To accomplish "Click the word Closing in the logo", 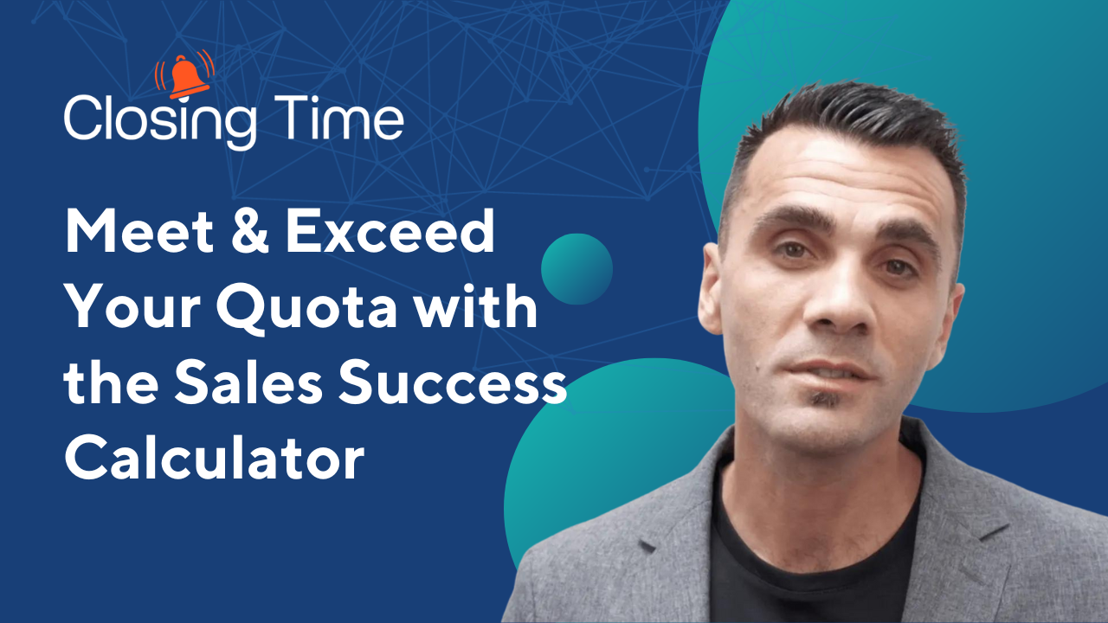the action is [x=161, y=122].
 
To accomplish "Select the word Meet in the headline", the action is [x=139, y=230].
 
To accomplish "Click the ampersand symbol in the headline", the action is [x=250, y=230].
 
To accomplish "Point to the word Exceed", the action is [x=390, y=230].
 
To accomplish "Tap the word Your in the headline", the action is [x=132, y=306].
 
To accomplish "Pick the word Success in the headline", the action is [x=453, y=382].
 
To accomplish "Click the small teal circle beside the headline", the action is [x=577, y=269].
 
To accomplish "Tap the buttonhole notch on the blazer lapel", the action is [x=647, y=546].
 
